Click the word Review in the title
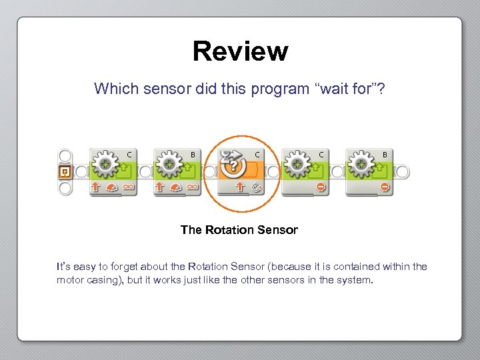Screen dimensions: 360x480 tap(240, 51)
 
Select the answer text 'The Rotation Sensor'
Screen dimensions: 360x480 tap(239, 230)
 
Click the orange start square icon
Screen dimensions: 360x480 tap(65, 172)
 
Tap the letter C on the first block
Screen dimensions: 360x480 tap(129, 155)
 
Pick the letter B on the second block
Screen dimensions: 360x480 tap(193, 155)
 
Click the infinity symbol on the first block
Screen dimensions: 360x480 tap(129, 187)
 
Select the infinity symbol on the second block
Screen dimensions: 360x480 tap(193, 187)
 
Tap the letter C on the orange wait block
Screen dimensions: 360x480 tap(257, 155)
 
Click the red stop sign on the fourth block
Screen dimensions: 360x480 tap(321, 187)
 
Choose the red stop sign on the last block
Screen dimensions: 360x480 tap(385, 187)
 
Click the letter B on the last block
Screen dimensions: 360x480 tap(385, 155)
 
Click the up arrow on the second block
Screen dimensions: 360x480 tap(160, 187)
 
